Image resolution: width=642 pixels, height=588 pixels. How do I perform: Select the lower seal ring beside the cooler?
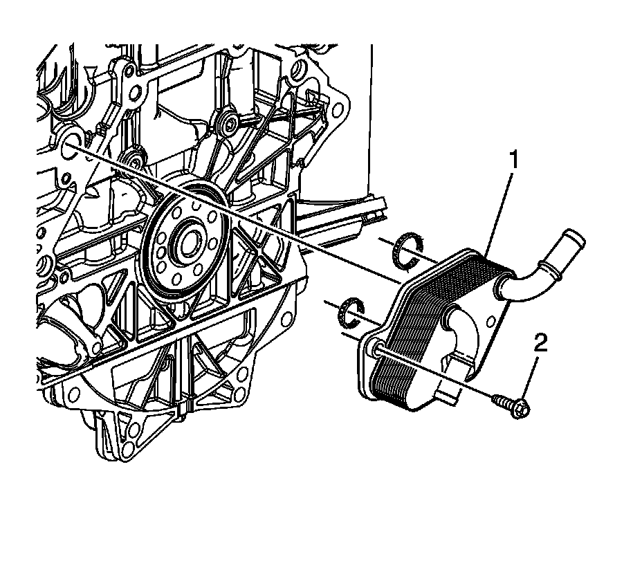pos(351,311)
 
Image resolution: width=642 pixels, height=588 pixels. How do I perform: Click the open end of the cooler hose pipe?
pos(576,239)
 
